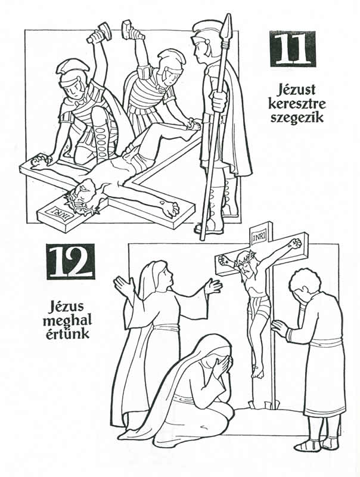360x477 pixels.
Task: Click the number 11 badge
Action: (292, 49)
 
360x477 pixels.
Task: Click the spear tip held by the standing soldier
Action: (226, 26)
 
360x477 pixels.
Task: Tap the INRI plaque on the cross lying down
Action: (59, 212)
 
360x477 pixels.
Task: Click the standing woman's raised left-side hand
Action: (125, 287)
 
